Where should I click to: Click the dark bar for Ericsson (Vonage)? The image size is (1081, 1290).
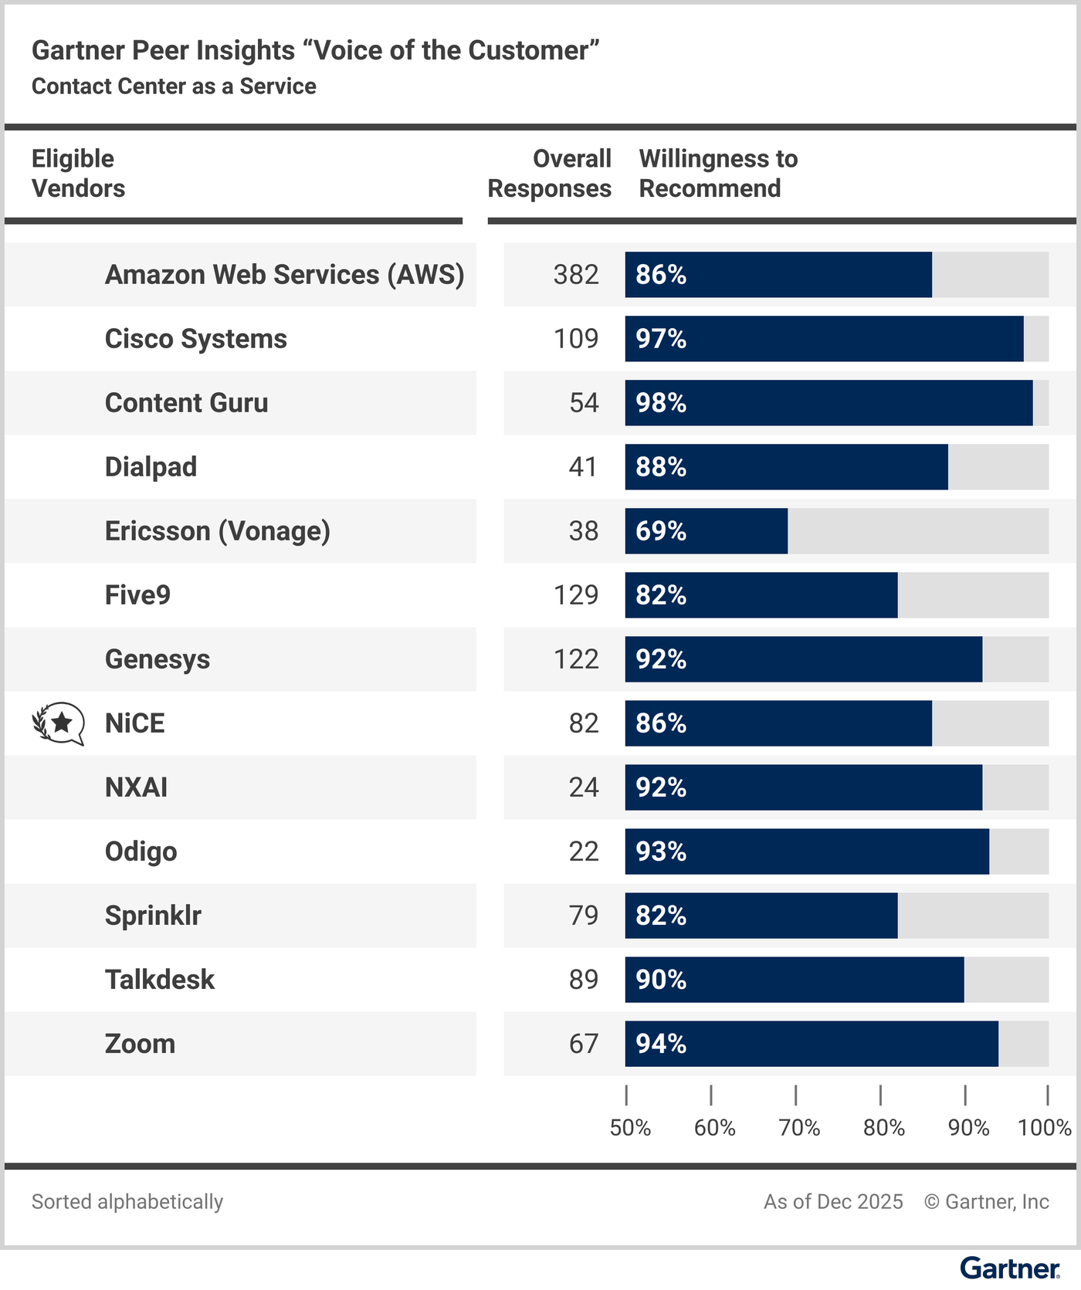tap(706, 531)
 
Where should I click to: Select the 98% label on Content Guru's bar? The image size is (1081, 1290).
tap(661, 403)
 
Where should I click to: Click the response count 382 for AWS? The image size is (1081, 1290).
tap(576, 275)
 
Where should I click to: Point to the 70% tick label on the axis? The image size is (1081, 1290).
tap(799, 1128)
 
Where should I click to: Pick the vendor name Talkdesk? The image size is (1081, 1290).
tap(160, 980)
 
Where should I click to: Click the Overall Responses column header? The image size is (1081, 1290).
tap(550, 174)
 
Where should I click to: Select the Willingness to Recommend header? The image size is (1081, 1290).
tap(718, 174)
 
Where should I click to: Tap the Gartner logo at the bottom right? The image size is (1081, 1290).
tap(1009, 1268)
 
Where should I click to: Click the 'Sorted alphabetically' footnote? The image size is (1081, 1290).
tap(127, 1202)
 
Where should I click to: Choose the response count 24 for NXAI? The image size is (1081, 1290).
tap(584, 787)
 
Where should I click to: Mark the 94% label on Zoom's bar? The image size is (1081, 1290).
tap(661, 1044)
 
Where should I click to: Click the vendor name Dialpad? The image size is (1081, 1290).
tap(151, 467)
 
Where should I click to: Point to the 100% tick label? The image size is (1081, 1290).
tap(1044, 1128)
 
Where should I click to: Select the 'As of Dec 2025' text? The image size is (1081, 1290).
tap(833, 1202)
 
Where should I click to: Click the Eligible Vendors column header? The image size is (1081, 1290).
tap(78, 174)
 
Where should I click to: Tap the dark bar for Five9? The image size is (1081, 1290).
tap(761, 595)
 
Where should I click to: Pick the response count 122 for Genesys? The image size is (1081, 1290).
tap(576, 659)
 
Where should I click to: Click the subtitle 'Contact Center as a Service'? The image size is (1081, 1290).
tap(174, 86)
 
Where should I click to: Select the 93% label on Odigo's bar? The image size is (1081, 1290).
tap(661, 852)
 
